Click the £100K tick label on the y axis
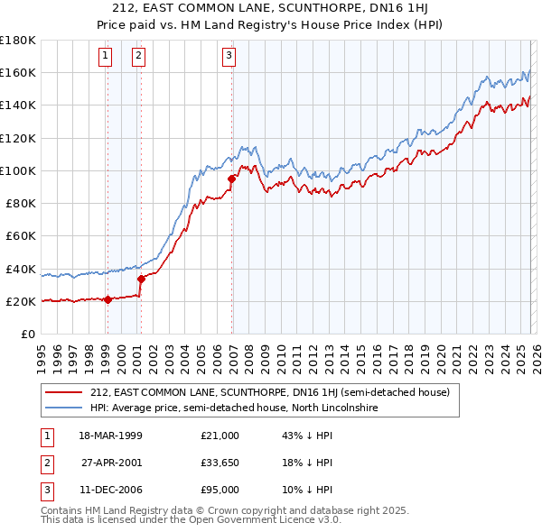point(18,170)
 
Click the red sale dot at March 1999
point(107,299)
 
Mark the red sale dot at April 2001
point(141,279)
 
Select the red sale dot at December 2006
point(231,179)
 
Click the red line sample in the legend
point(65,392)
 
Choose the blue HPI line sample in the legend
point(65,408)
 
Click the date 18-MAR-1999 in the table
point(111,436)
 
